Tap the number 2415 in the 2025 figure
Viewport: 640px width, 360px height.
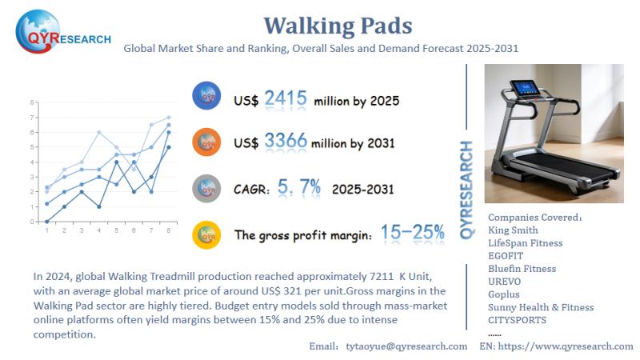[x=285, y=99]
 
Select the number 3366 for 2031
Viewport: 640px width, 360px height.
[x=285, y=143]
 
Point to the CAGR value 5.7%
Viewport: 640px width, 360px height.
[x=299, y=188]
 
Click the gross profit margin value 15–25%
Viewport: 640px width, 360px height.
[x=412, y=233]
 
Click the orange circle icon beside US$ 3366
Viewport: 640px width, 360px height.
[x=207, y=142]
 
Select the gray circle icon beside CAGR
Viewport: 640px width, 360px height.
[x=207, y=188]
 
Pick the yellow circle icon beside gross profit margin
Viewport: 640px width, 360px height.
[x=207, y=234]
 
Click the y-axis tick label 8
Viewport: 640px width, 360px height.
[x=32, y=102]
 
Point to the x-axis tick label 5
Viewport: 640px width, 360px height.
[x=116, y=230]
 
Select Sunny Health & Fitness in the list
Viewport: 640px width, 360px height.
[x=541, y=306]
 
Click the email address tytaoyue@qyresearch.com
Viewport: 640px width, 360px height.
[x=406, y=346]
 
